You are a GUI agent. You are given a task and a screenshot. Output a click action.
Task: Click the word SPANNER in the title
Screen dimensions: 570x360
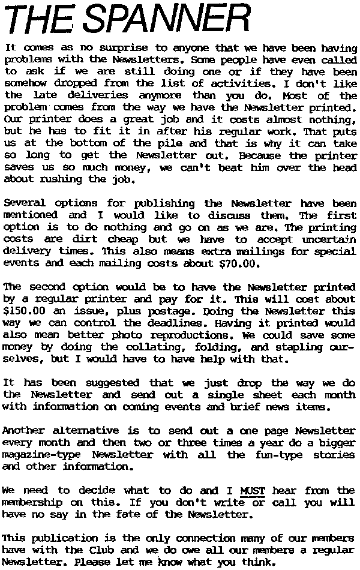tap(167, 19)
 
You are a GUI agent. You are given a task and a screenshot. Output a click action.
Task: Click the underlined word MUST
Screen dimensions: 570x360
tap(251, 491)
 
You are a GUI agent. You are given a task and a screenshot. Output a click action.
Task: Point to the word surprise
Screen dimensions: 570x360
tap(132, 47)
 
